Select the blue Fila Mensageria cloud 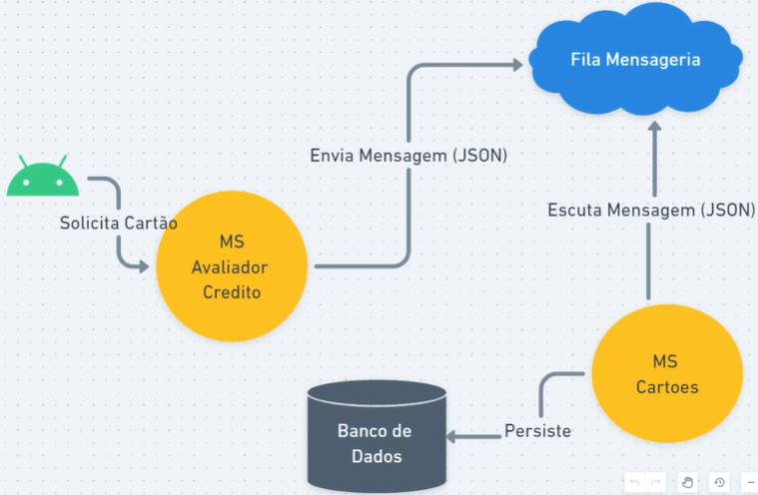tap(635, 60)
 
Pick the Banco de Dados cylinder tap(375, 436)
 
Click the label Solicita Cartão tap(117, 224)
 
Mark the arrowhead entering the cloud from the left tap(516, 66)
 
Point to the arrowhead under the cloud tap(654, 129)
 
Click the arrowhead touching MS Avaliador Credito tap(144, 266)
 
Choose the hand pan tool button tap(687, 482)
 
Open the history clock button tap(718, 482)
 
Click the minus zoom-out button tap(750, 482)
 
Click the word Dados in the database tap(375, 456)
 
